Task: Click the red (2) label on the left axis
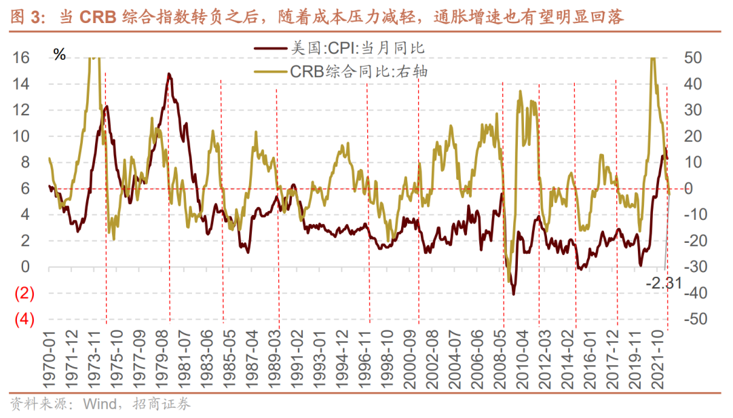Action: (21, 294)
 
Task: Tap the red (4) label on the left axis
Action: (21, 320)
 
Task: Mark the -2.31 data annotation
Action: (663, 283)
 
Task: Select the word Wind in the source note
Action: (98, 405)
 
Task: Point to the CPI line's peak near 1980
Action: (168, 74)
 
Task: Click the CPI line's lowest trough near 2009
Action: (514, 293)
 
